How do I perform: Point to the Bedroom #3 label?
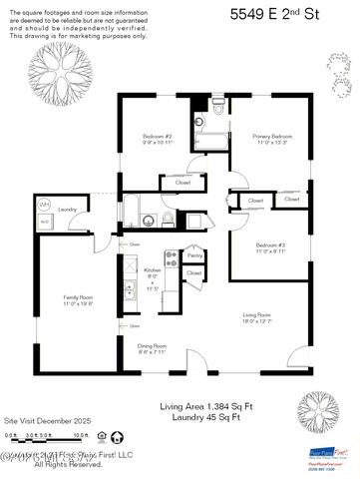pos(270,245)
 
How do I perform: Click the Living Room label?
pos(257,316)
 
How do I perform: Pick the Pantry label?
pos(193,255)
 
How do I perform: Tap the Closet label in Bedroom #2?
pos(182,183)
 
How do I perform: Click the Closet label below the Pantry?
pos(193,272)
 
